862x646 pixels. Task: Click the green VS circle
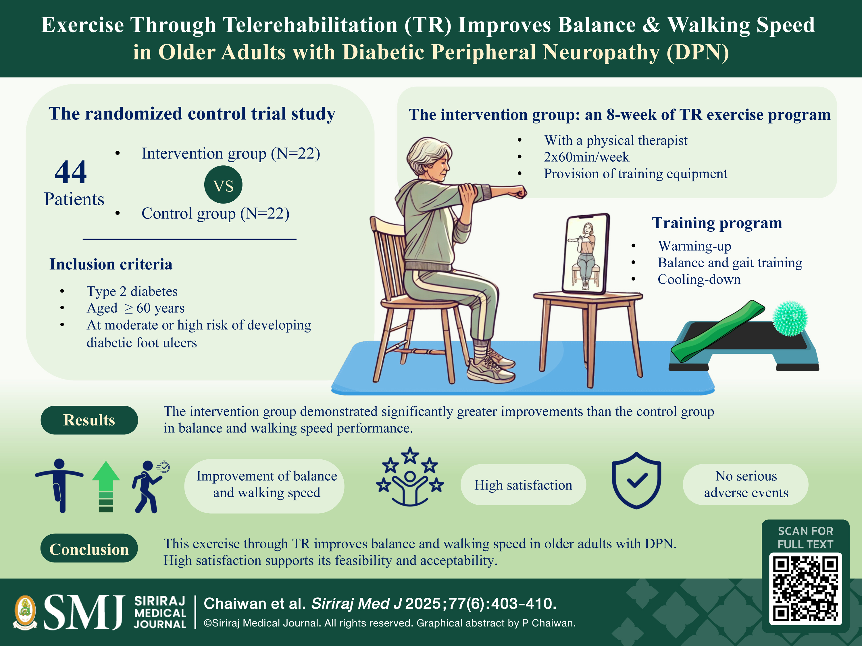pos(223,185)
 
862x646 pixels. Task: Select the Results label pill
pos(89,420)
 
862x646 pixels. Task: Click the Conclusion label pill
pos(89,548)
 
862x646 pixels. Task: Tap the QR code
pos(805,589)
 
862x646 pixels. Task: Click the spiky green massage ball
pos(790,318)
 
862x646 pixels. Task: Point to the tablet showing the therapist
pos(586,254)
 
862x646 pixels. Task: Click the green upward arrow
pos(106,487)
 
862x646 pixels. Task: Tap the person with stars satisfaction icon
pos(410,477)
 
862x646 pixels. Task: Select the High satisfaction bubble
pos(523,485)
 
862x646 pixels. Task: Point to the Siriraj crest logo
pos(25,612)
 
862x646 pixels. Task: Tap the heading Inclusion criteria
pos(111,264)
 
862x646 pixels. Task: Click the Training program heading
pos(717,223)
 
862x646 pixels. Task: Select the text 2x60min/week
pos(586,157)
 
